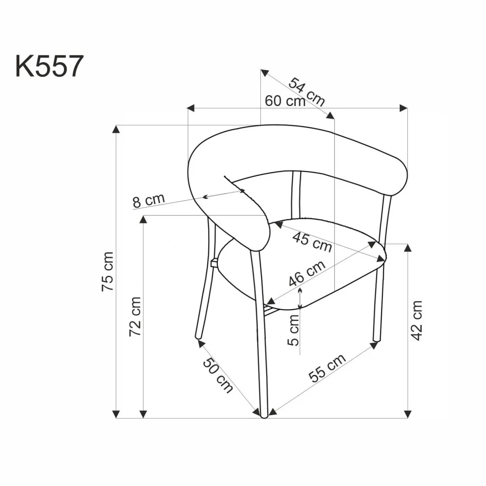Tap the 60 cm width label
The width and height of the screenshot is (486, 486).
(x=285, y=101)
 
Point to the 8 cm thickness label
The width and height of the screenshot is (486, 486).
(x=149, y=200)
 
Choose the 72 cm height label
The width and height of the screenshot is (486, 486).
(x=135, y=316)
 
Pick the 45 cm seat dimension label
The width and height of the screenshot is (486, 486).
(x=311, y=241)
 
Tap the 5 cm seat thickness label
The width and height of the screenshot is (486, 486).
(x=293, y=329)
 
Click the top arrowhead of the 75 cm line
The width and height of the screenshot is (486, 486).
(x=116, y=129)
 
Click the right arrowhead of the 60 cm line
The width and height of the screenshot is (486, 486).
(x=403, y=107)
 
